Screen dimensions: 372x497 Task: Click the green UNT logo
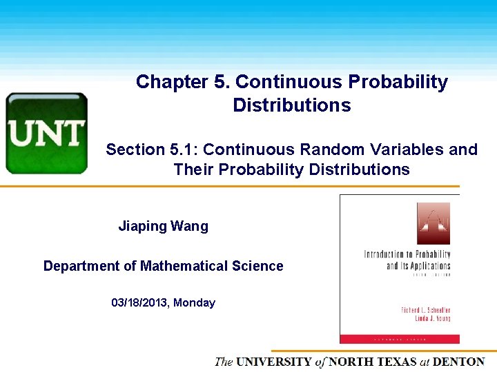tap(46, 133)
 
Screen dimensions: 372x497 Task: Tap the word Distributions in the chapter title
tap(291, 105)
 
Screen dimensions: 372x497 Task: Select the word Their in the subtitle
tap(193, 169)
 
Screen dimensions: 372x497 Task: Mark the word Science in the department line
tap(259, 266)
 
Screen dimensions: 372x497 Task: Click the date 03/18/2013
tap(139, 302)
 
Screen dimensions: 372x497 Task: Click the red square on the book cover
tap(433, 223)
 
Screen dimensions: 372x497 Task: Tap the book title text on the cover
tap(407, 260)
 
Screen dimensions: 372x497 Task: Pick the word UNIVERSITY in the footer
tap(273, 362)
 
